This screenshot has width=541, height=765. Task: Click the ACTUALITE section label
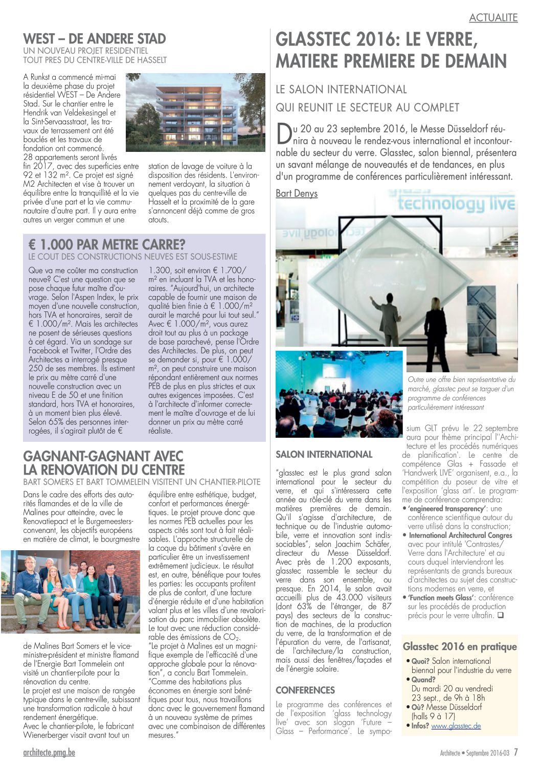(x=493, y=17)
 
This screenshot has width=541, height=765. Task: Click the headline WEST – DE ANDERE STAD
(x=95, y=39)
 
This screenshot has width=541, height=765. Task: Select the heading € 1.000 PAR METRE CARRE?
(x=107, y=244)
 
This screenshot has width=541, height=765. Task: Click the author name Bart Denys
(x=297, y=193)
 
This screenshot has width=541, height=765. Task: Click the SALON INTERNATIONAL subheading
(x=324, y=454)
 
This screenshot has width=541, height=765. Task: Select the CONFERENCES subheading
(x=305, y=690)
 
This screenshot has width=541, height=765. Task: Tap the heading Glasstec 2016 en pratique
(x=460, y=646)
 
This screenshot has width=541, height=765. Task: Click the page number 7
(x=516, y=752)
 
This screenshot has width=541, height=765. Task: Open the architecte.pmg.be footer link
(x=49, y=753)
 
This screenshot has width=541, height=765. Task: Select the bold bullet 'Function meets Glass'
(x=440, y=597)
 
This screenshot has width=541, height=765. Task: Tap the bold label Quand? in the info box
(x=423, y=679)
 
